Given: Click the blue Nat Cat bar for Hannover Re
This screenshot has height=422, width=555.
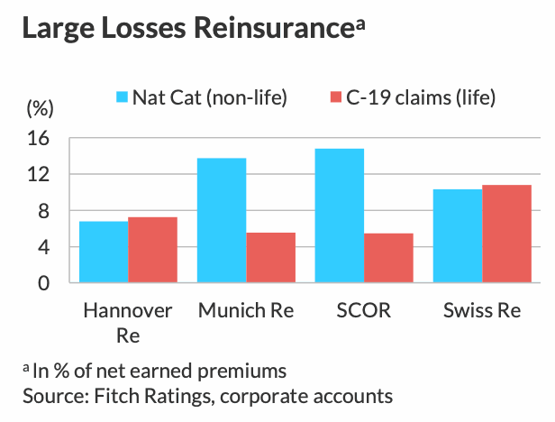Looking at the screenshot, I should (103, 252).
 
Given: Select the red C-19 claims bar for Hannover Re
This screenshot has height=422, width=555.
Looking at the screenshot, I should (152, 250).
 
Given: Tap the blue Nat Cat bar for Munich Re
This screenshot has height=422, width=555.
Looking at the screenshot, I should (221, 220).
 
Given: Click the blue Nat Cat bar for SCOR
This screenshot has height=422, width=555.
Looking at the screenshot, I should (339, 216).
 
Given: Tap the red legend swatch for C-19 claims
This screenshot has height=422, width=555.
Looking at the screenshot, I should (333, 97).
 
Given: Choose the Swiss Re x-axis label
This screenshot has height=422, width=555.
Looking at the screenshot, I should (482, 311).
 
